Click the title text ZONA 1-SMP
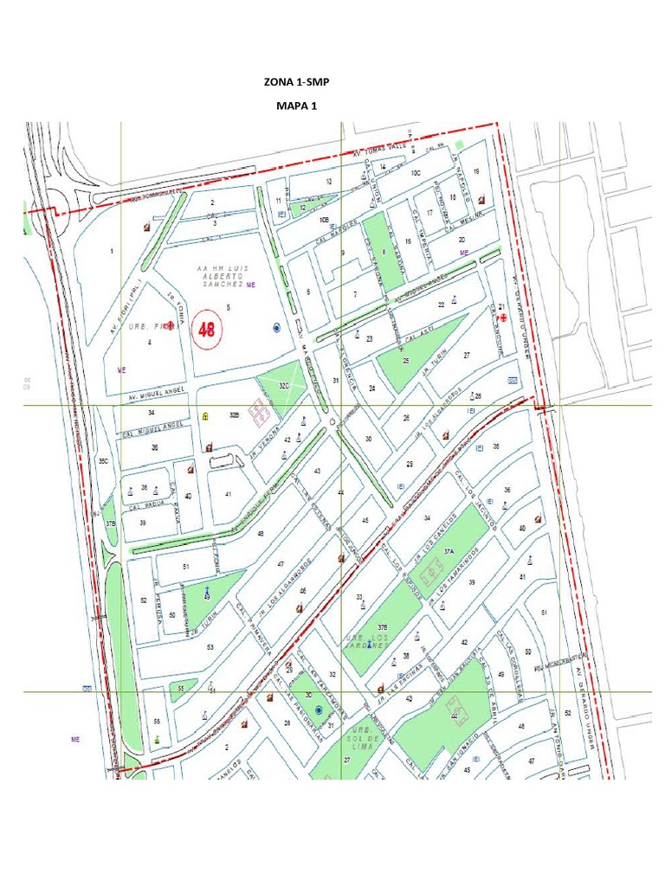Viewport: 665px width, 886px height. pyautogui.click(x=297, y=82)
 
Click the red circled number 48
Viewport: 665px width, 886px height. pyautogui.click(x=208, y=330)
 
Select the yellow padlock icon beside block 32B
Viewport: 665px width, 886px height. pyautogui.click(x=205, y=416)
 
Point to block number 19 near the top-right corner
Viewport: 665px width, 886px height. pyautogui.click(x=475, y=171)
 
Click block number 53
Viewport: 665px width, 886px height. pyautogui.click(x=210, y=646)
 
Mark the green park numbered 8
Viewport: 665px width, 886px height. pyautogui.click(x=384, y=251)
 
